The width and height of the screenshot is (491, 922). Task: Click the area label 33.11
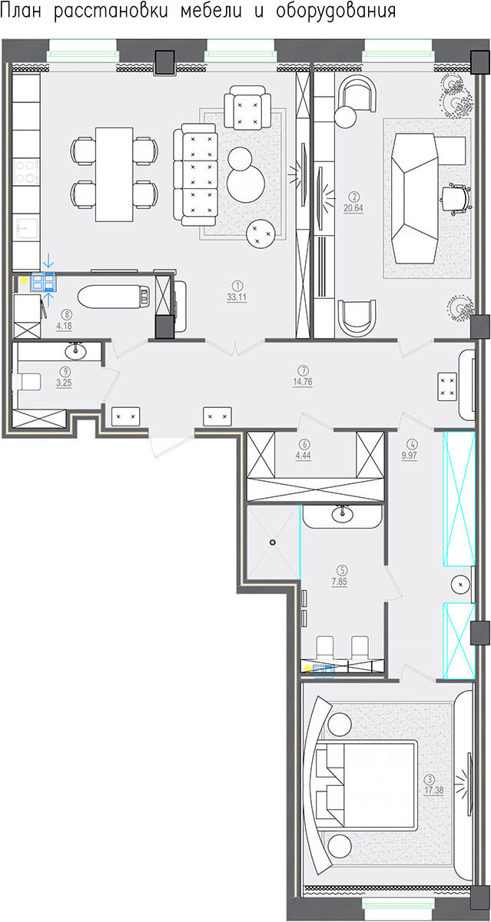237,297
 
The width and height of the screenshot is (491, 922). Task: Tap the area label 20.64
353,208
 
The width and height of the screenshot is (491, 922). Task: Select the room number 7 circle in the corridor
304,370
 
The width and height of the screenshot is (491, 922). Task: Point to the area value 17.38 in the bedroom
434,791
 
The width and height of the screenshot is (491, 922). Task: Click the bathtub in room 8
114,297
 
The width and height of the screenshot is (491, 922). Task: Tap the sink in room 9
75,351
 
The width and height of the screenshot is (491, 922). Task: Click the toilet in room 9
28,381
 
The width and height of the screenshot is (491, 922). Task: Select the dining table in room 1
114,174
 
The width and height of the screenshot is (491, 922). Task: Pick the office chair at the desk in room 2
456,199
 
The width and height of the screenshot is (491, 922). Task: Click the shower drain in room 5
273,542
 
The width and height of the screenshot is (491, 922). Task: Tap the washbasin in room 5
342,514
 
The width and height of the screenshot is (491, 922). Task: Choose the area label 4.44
303,456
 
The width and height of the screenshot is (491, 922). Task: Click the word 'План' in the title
21,11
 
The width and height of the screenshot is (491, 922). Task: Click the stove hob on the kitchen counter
26,171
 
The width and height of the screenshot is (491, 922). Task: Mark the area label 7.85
340,582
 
